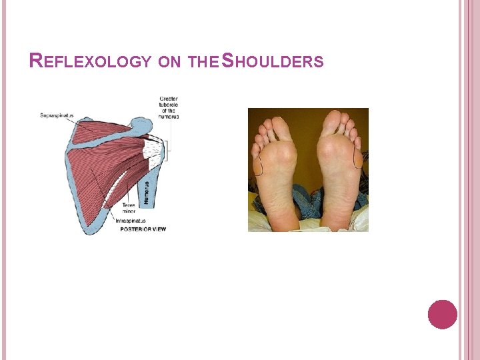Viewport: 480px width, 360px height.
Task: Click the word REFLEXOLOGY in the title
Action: click(x=91, y=62)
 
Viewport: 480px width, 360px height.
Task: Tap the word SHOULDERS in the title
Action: click(x=273, y=62)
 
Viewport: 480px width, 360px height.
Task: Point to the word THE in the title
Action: click(x=201, y=63)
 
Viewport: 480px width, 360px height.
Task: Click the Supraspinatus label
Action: click(x=57, y=115)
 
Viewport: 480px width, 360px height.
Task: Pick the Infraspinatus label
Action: click(x=130, y=221)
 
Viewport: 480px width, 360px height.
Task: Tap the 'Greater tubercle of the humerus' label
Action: click(x=169, y=108)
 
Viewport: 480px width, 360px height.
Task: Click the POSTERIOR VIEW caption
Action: click(x=143, y=229)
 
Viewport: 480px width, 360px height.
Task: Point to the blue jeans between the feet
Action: click(x=307, y=200)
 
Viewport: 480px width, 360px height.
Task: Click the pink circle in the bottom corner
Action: click(x=443, y=314)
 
